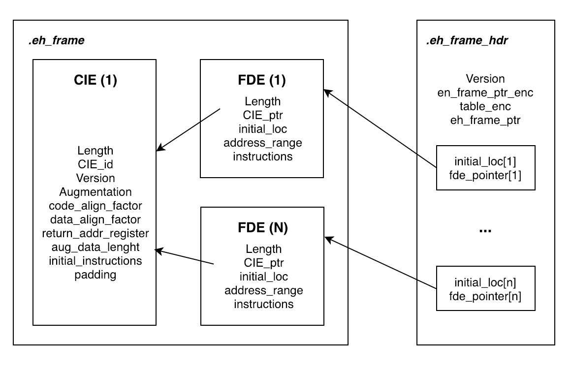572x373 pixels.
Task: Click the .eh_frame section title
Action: (x=56, y=41)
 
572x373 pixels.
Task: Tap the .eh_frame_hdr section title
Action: (x=467, y=41)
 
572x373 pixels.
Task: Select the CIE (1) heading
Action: (x=95, y=80)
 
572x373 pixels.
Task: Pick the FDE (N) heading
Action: (x=262, y=228)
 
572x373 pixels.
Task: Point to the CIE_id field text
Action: (x=95, y=164)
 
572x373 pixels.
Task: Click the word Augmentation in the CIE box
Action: (x=95, y=192)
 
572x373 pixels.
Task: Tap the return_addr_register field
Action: (x=95, y=233)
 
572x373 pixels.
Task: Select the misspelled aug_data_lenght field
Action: (x=95, y=247)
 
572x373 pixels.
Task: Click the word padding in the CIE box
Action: (x=95, y=274)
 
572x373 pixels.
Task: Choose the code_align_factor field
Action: (x=95, y=206)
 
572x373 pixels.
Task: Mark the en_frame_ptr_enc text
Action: (x=485, y=93)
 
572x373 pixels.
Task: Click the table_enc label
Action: (x=485, y=106)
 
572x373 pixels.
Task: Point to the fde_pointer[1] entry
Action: (x=485, y=174)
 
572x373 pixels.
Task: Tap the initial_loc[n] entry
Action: (x=485, y=282)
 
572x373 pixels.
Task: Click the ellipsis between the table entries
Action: (x=485, y=230)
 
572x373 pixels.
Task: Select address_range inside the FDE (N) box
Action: (x=263, y=290)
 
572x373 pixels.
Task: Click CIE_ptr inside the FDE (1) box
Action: (x=262, y=115)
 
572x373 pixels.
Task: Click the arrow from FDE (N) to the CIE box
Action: (x=185, y=257)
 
